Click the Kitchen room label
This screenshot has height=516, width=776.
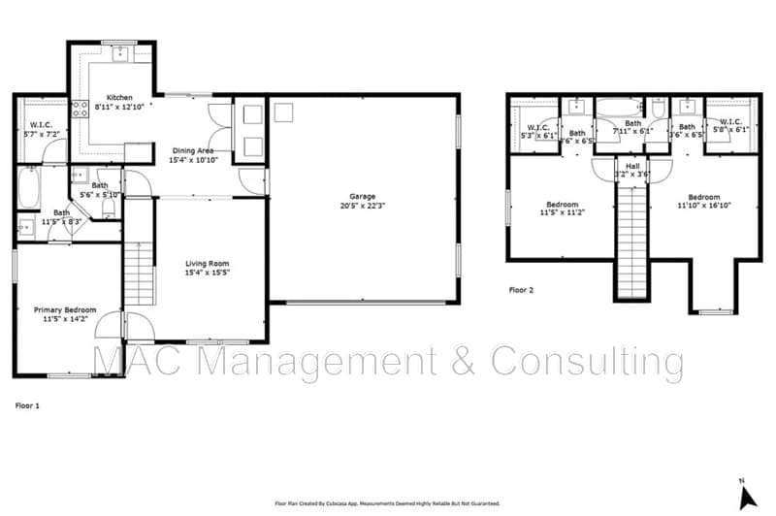point(119,98)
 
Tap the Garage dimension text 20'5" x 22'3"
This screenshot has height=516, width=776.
point(364,207)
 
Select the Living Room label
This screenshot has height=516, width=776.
point(208,264)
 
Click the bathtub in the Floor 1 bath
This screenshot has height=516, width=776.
point(26,188)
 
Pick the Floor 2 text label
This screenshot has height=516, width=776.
point(522,289)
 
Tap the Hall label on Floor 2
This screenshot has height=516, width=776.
point(632,166)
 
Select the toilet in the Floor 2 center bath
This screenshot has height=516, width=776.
point(660,110)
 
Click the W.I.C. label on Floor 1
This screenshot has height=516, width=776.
point(41,124)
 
